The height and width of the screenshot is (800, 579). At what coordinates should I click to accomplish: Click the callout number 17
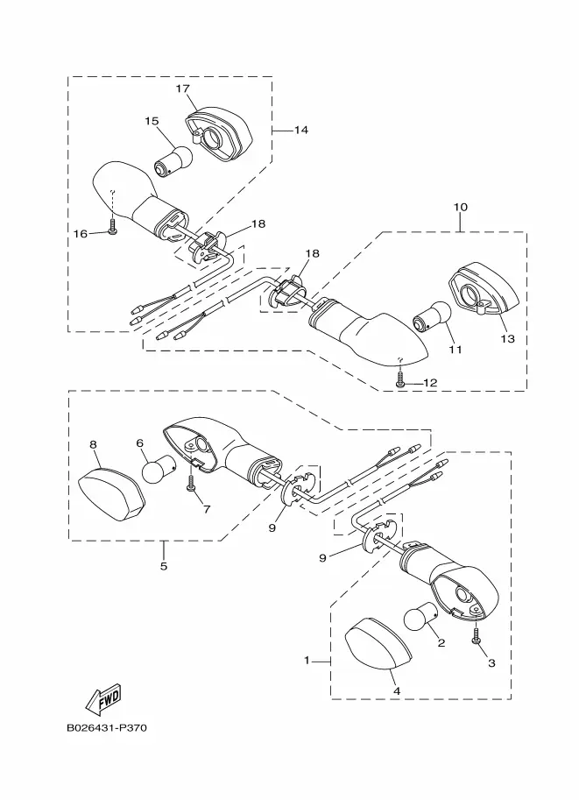(183, 88)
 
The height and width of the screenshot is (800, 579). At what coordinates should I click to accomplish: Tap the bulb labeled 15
(173, 162)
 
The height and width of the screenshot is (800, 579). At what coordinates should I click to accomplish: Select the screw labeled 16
(113, 227)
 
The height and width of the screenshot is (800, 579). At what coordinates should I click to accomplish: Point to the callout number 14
(301, 130)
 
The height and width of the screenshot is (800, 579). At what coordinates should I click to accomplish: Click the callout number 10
(460, 207)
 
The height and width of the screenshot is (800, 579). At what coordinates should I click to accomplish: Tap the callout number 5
(163, 566)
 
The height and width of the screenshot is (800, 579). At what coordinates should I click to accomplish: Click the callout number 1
(307, 661)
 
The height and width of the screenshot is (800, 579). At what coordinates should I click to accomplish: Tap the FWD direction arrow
(104, 697)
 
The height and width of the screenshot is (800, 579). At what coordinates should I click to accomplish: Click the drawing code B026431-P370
(107, 727)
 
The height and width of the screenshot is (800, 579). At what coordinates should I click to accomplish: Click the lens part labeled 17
(218, 134)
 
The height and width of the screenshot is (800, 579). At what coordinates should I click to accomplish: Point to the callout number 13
(508, 338)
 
